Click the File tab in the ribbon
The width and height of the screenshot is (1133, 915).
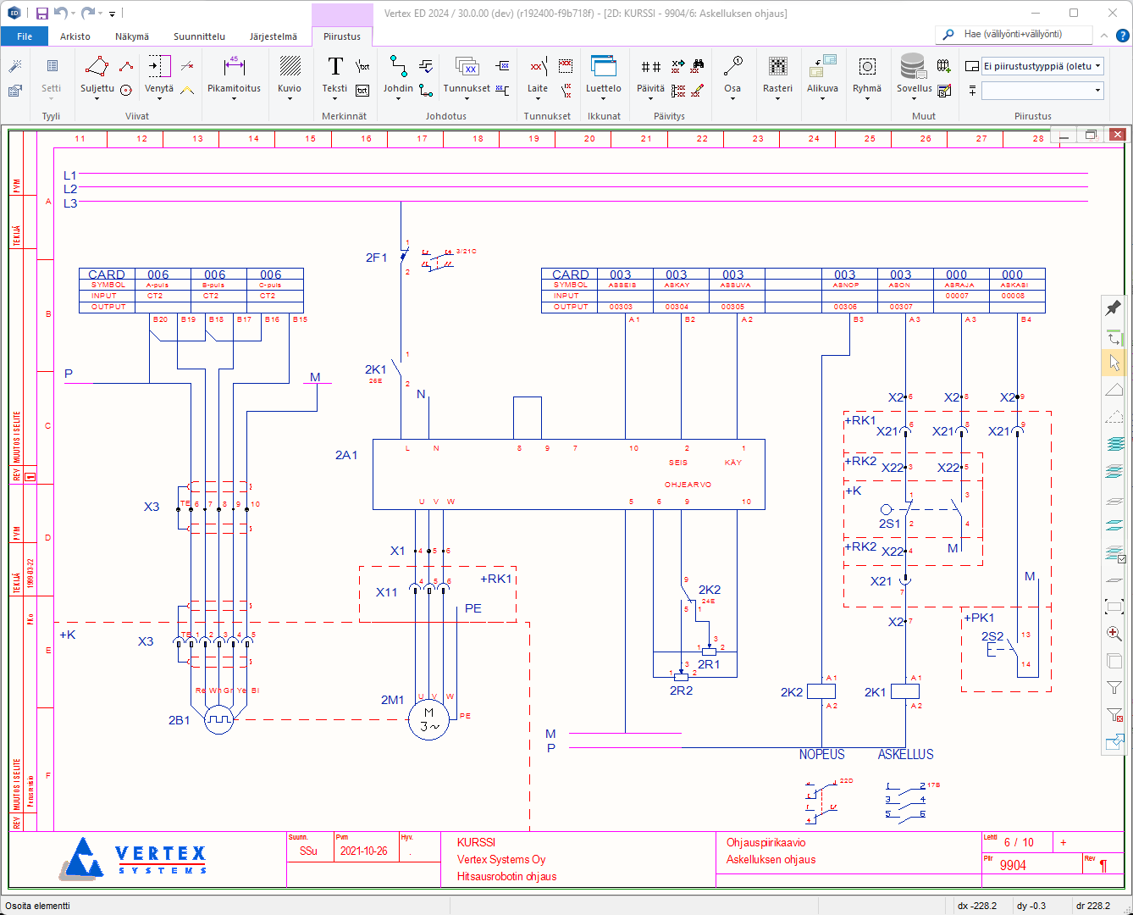click(25, 36)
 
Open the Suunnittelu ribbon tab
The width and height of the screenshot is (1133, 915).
click(199, 36)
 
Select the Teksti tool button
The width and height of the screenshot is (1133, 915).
click(335, 75)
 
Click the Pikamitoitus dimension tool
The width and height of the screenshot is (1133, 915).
click(234, 75)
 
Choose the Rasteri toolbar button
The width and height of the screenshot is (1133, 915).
click(777, 75)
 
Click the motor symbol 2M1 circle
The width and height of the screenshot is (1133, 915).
click(428, 719)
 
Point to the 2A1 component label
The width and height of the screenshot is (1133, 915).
click(346, 455)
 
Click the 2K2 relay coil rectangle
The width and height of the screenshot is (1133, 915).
click(821, 691)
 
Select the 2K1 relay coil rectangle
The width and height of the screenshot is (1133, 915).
click(905, 691)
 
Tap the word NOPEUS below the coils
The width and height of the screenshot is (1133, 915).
click(821, 754)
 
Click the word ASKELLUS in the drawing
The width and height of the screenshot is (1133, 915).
click(905, 754)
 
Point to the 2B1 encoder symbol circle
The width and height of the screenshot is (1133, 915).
click(218, 720)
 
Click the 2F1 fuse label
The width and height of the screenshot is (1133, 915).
click(376, 258)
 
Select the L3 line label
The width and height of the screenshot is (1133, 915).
click(70, 203)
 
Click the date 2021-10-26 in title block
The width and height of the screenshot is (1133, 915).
click(363, 851)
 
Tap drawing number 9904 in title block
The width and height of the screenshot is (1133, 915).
click(1013, 865)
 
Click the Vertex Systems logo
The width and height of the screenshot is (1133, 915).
click(135, 857)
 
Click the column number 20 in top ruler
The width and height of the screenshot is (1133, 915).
click(589, 139)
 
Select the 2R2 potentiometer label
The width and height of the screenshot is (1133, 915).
click(681, 690)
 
